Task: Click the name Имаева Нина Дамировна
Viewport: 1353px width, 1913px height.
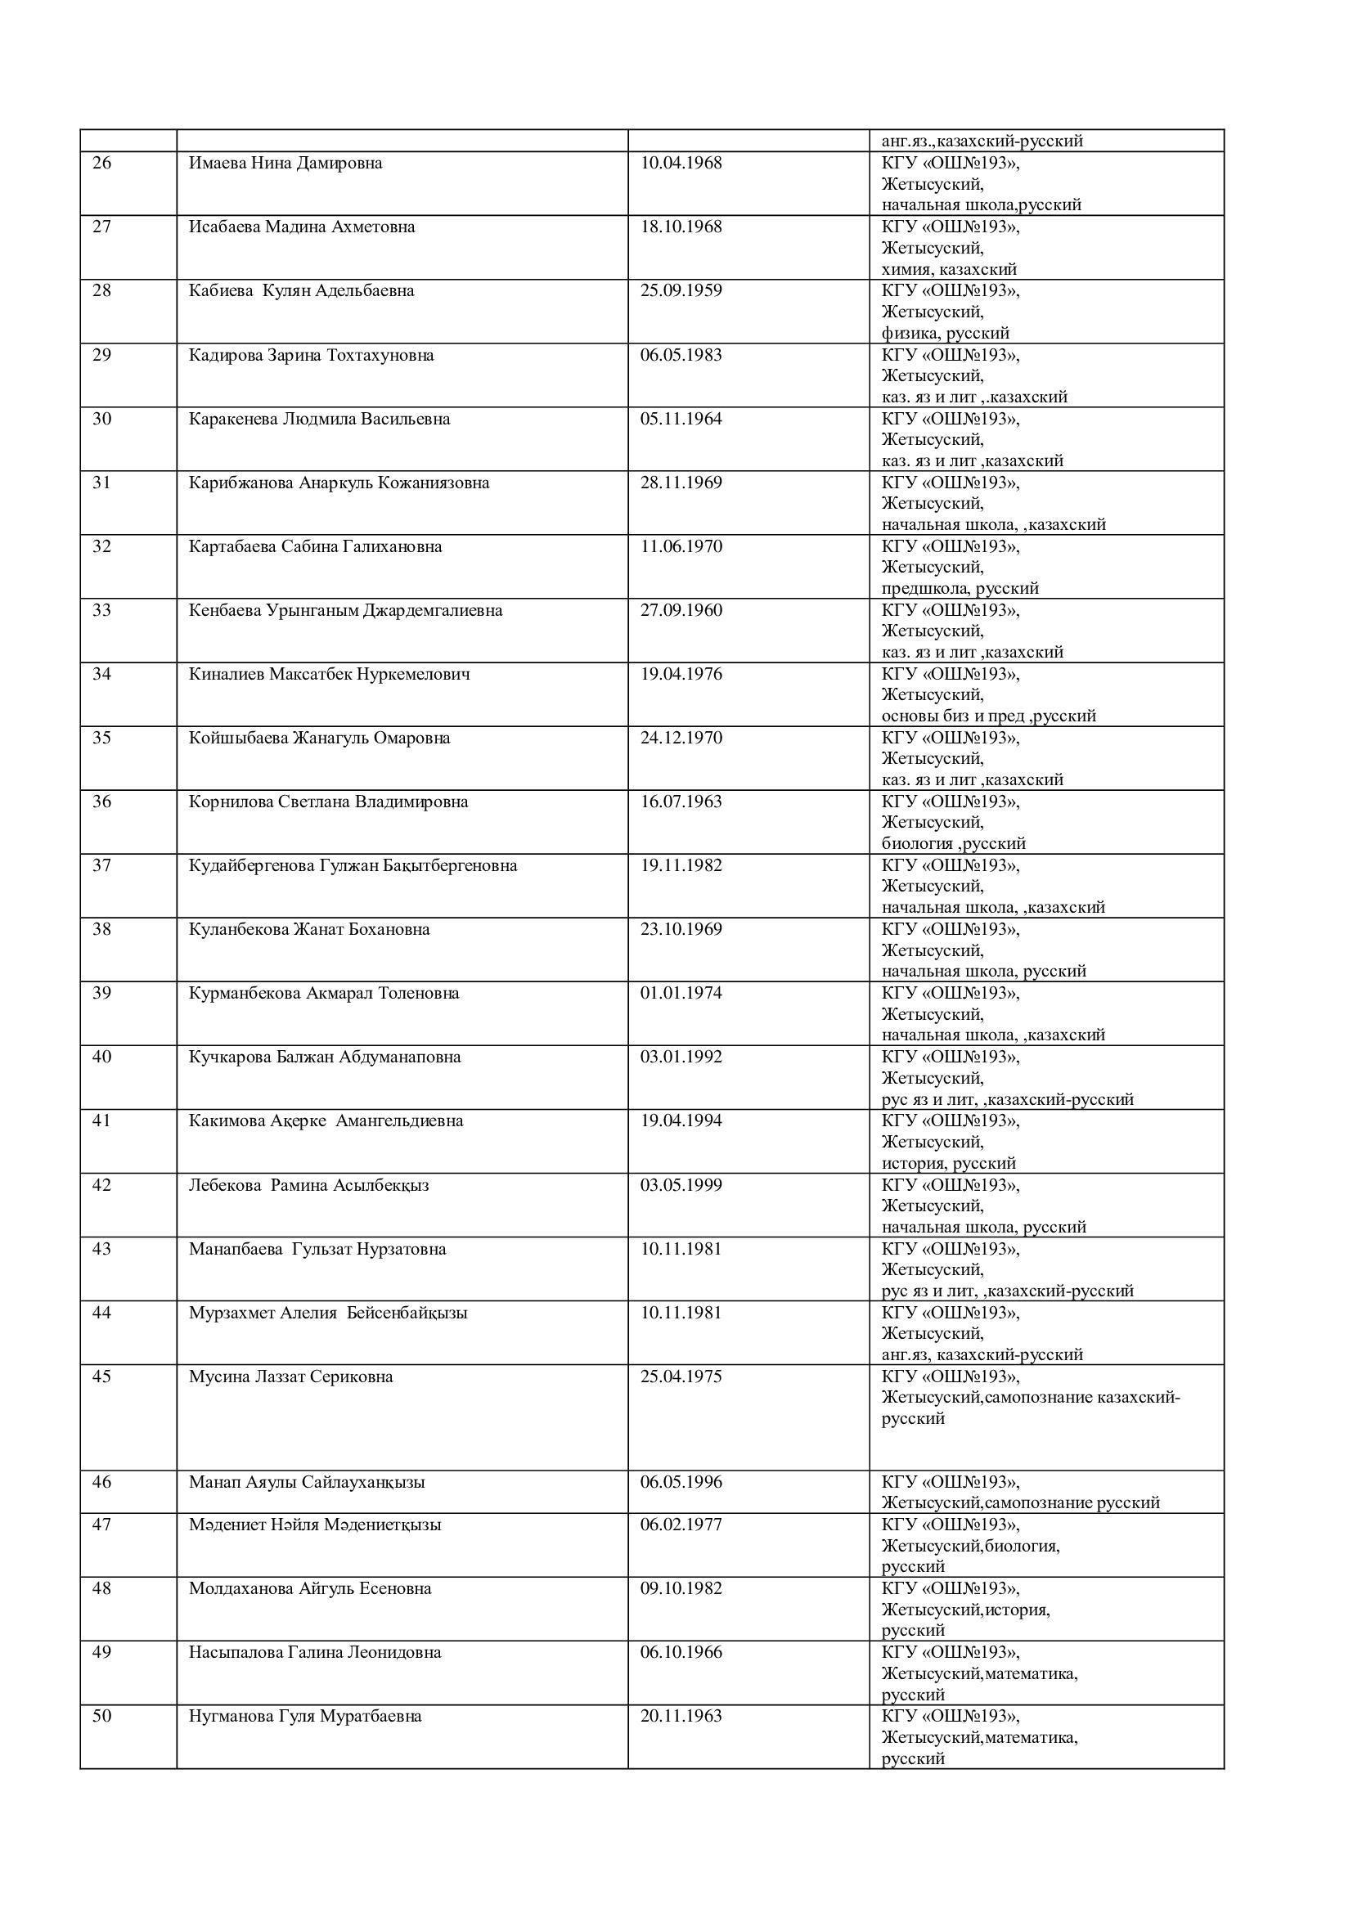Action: click(285, 164)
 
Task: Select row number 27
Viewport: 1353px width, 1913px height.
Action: click(101, 227)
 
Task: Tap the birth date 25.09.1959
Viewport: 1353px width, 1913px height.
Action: click(681, 291)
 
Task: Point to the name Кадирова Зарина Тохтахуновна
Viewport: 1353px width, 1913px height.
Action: click(311, 355)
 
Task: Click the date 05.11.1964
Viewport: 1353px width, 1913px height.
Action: click(681, 419)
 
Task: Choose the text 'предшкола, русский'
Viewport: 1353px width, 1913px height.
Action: click(960, 588)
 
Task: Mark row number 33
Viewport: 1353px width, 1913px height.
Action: click(101, 611)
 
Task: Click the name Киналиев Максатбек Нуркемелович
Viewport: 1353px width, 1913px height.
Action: click(329, 674)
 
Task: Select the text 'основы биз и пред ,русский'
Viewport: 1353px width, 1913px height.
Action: click(988, 716)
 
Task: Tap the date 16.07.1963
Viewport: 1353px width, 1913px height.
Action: click(681, 802)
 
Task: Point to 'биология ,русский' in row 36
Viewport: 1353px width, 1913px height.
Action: click(953, 843)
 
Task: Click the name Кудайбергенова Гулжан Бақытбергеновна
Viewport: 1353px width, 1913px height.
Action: click(353, 865)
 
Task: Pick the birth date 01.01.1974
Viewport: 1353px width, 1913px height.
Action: click(681, 993)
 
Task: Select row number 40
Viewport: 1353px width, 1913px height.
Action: click(101, 1058)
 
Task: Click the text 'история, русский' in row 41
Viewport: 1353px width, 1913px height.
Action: click(948, 1163)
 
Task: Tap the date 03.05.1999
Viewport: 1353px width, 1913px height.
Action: click(681, 1185)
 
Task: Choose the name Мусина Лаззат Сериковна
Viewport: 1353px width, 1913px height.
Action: click(290, 1376)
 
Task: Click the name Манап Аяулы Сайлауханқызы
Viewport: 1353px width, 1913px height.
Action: click(307, 1482)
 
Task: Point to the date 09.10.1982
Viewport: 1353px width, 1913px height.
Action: click(681, 1589)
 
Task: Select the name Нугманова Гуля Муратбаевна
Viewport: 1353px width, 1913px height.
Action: click(305, 1717)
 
